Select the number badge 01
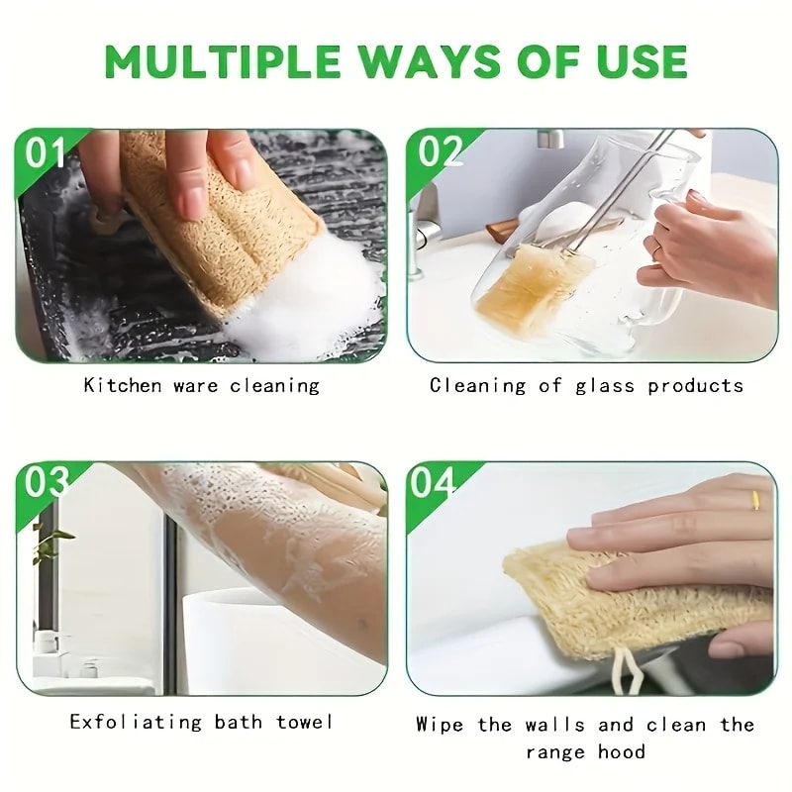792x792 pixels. point(46,153)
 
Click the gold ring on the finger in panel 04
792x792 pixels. point(755,501)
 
